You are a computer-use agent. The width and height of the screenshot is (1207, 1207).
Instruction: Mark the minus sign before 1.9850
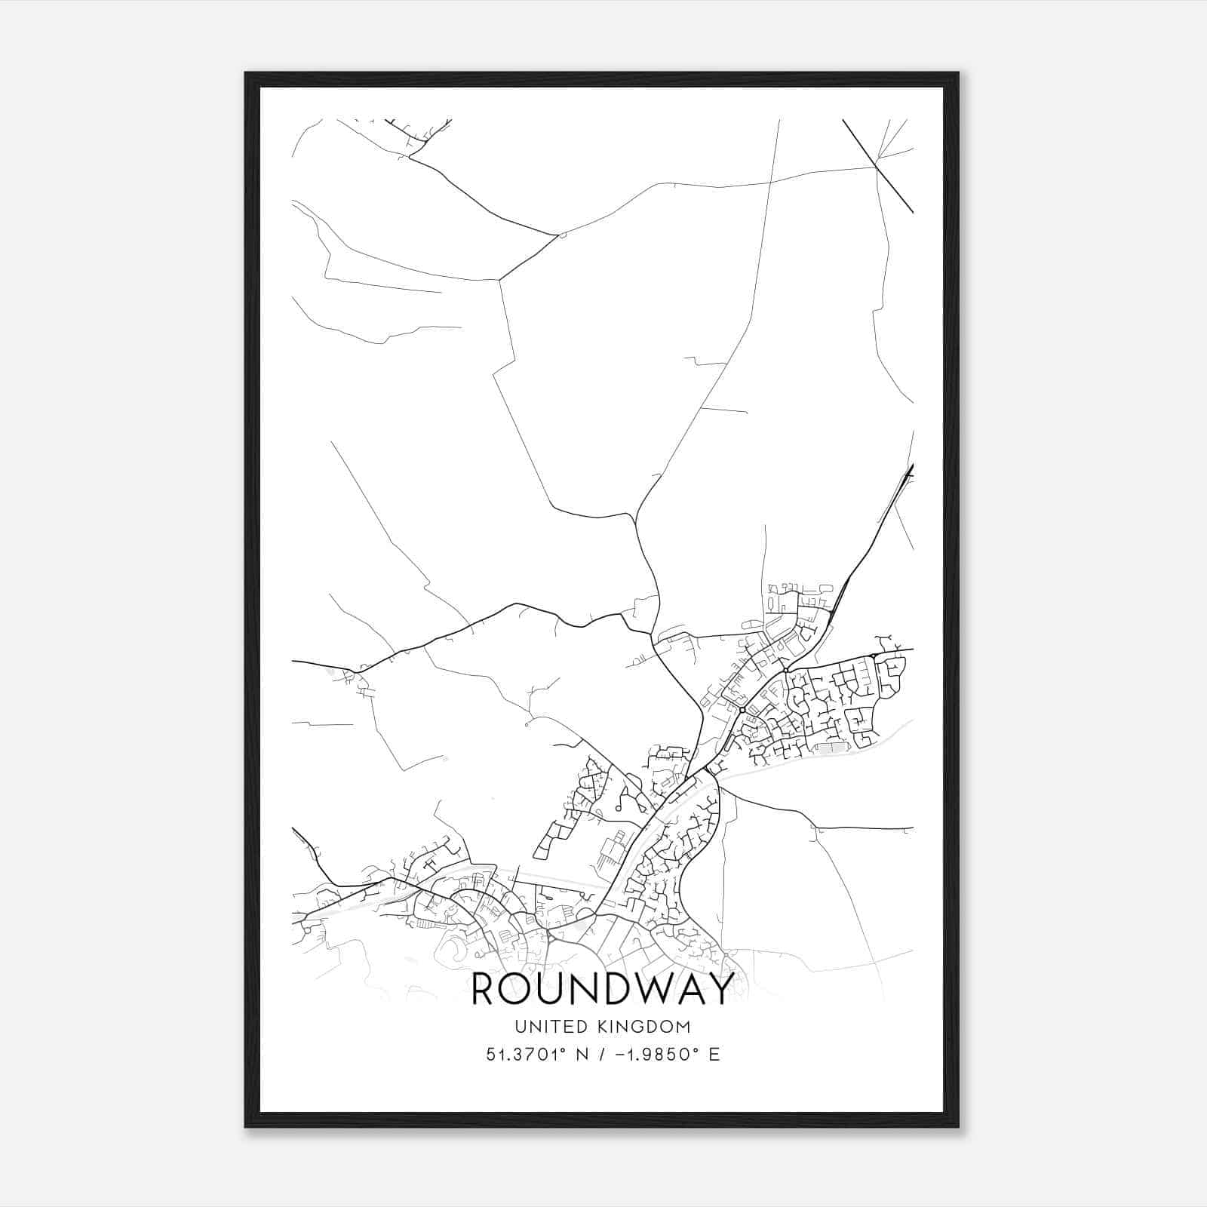620,1055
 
